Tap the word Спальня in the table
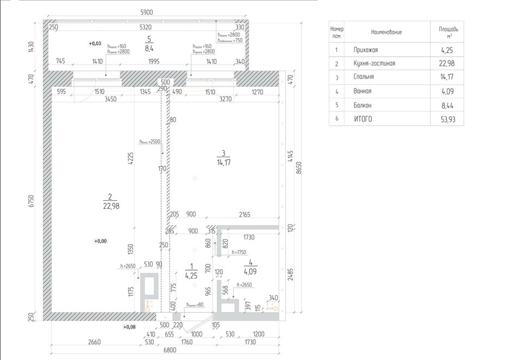(x=363, y=77)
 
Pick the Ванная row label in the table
(x=362, y=91)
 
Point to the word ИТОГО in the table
(x=362, y=118)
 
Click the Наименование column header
(x=387, y=33)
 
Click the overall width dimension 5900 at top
(x=146, y=12)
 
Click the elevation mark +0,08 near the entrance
(x=129, y=327)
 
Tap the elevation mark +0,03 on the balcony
(x=95, y=43)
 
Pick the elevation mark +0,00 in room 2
(x=100, y=241)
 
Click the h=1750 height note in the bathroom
(x=239, y=252)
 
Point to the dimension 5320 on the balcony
(x=145, y=27)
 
